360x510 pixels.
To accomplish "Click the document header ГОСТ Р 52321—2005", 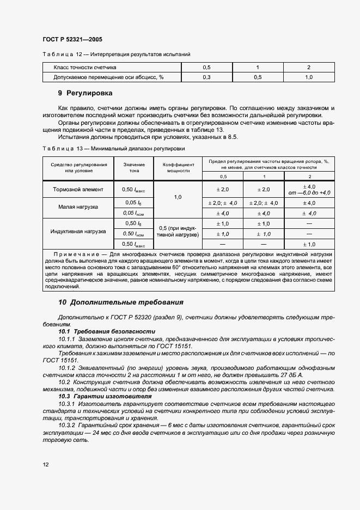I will point(72,40).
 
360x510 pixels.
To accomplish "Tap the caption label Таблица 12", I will point(62,54).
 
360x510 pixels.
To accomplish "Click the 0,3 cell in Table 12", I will point(206,77).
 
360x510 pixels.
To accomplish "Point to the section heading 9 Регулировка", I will point(86,93).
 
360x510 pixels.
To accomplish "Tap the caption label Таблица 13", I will point(62,148).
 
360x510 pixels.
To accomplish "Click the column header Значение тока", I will point(134,167).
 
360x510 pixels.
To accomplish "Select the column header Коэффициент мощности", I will point(178,167).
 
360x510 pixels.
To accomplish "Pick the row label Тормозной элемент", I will point(78,190).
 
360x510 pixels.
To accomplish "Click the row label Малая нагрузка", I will point(78,207).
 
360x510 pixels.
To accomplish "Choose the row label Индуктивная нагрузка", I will point(78,232).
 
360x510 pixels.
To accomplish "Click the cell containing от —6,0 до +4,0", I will point(309,193).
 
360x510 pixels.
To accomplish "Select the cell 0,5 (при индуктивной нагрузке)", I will point(178,231).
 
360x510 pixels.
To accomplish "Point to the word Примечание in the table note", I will point(79,254).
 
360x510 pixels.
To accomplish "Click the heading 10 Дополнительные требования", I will point(121,302).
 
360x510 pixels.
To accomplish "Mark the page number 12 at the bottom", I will point(46,464).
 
